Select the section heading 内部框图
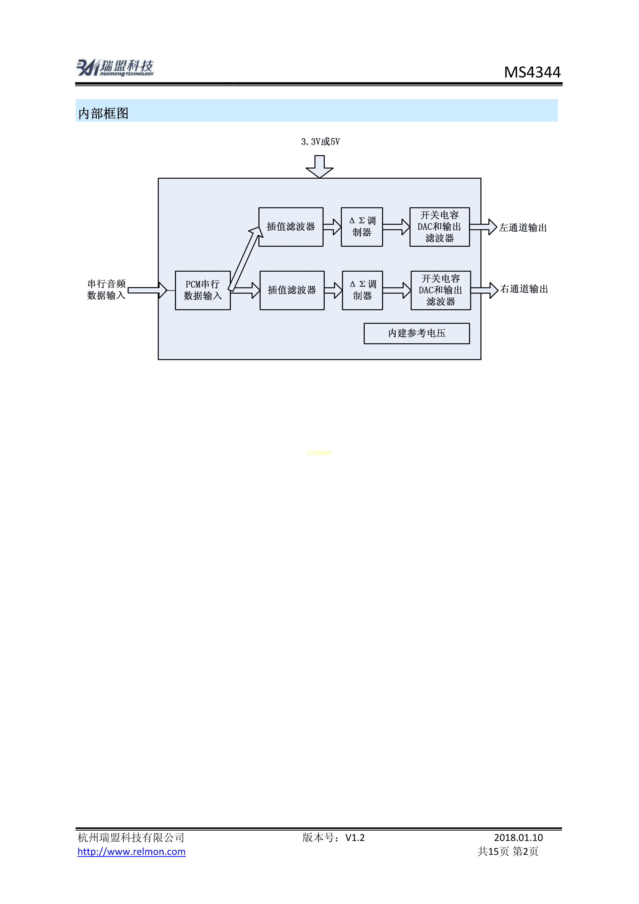point(103,113)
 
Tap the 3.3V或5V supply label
point(320,142)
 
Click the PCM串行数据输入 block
point(203,290)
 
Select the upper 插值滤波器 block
point(291,227)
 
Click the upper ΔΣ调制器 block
point(362,227)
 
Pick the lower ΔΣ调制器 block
point(362,290)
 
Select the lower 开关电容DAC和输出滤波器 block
point(441,290)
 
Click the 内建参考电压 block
point(417,333)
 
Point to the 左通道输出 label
point(523,228)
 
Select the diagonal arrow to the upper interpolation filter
point(245,260)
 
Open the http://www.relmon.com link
point(131,852)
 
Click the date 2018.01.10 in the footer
point(518,838)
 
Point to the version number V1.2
point(355,838)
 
